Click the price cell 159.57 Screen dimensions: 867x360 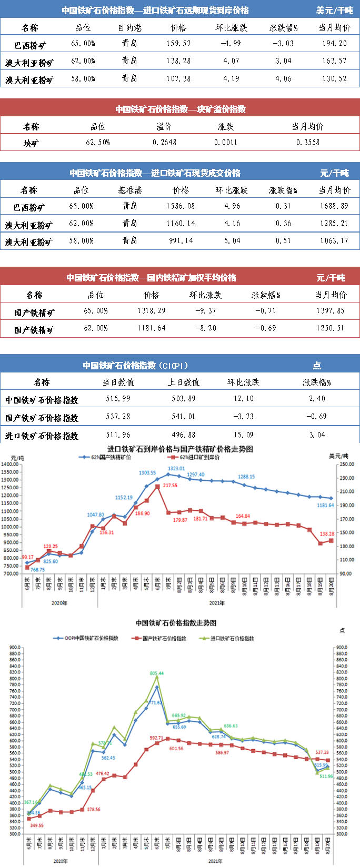pyautogui.click(x=178, y=44)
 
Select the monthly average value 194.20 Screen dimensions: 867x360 pyautogui.click(x=334, y=44)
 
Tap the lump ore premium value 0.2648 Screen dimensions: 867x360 pyautogui.click(x=164, y=143)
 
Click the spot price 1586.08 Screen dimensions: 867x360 pyautogui.click(x=180, y=206)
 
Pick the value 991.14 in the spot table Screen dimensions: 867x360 pyautogui.click(x=180, y=241)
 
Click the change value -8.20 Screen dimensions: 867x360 pyautogui.click(x=205, y=328)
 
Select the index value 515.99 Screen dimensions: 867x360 pyautogui.click(x=118, y=399)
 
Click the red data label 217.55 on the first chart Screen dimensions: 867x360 pyautogui.click(x=170, y=486)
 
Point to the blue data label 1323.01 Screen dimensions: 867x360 pyautogui.click(x=176, y=468)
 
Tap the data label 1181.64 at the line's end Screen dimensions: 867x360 pyautogui.click(x=325, y=506)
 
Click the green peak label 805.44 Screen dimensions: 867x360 pyautogui.click(x=157, y=673)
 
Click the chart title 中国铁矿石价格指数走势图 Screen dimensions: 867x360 pyautogui.click(x=176, y=623)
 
